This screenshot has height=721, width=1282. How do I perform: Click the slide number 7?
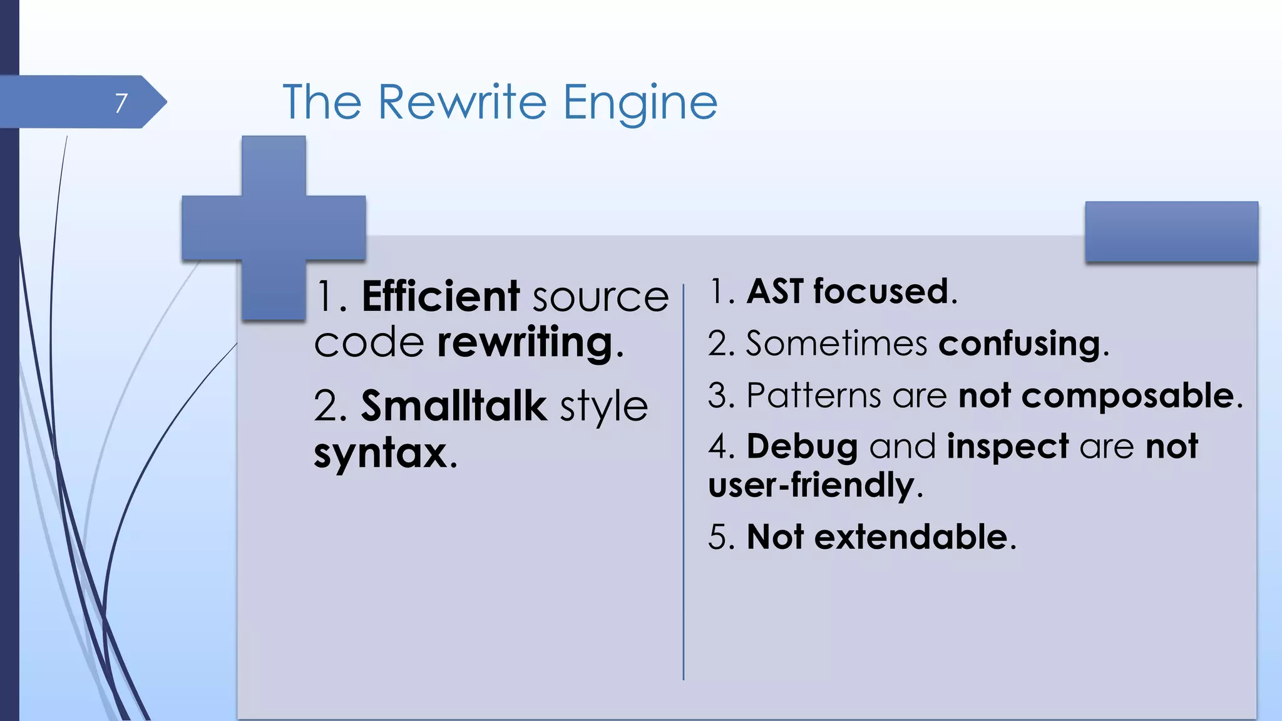(121, 103)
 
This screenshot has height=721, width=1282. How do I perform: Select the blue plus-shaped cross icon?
(274, 228)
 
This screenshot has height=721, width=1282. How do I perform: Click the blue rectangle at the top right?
(1171, 232)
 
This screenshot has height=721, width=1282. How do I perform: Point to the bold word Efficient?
(441, 296)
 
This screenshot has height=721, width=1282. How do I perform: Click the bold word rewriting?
(525, 343)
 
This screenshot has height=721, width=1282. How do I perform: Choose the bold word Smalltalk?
(454, 406)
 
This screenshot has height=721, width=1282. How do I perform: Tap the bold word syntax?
(380, 453)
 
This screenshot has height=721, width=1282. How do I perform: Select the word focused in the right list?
(881, 292)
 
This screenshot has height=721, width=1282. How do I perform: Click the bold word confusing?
(1018, 344)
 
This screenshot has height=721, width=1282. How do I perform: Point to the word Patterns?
(813, 396)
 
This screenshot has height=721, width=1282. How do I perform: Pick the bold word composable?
(1127, 396)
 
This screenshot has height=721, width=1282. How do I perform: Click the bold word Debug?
(802, 447)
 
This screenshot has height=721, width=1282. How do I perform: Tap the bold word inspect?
(1007, 447)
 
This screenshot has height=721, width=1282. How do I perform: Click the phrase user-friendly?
(811, 486)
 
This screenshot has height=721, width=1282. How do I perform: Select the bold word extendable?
(910, 537)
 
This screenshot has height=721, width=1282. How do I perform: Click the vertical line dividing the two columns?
(684, 482)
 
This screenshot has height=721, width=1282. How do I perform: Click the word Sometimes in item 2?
(836, 344)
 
